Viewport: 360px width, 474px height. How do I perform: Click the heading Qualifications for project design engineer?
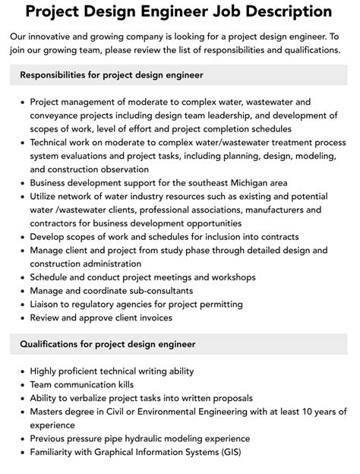click(107, 344)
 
